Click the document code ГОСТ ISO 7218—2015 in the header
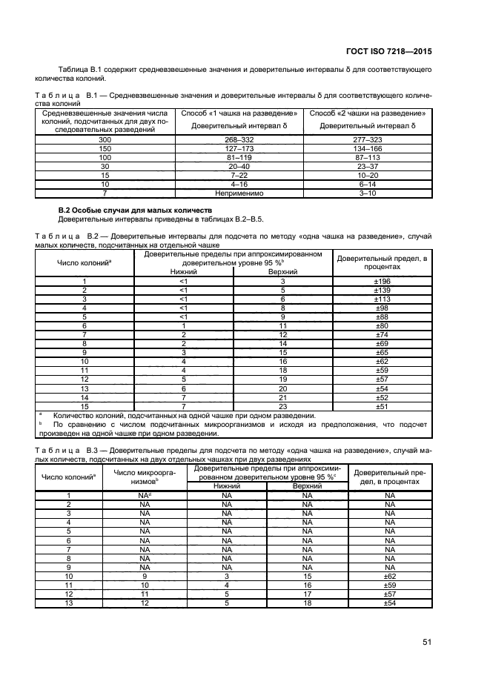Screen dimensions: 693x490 pyautogui.click(x=389, y=52)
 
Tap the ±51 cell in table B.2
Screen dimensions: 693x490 pyautogui.click(x=381, y=406)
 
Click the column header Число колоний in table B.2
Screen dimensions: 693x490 pyautogui.click(x=84, y=262)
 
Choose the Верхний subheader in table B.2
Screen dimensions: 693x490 pyautogui.click(x=282, y=272)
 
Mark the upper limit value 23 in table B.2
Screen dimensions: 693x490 pyautogui.click(x=282, y=406)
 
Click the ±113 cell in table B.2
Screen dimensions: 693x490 pyautogui.click(x=381, y=299)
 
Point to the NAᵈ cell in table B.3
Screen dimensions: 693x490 pyautogui.click(x=145, y=495)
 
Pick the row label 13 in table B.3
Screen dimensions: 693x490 pyautogui.click(x=69, y=603)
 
